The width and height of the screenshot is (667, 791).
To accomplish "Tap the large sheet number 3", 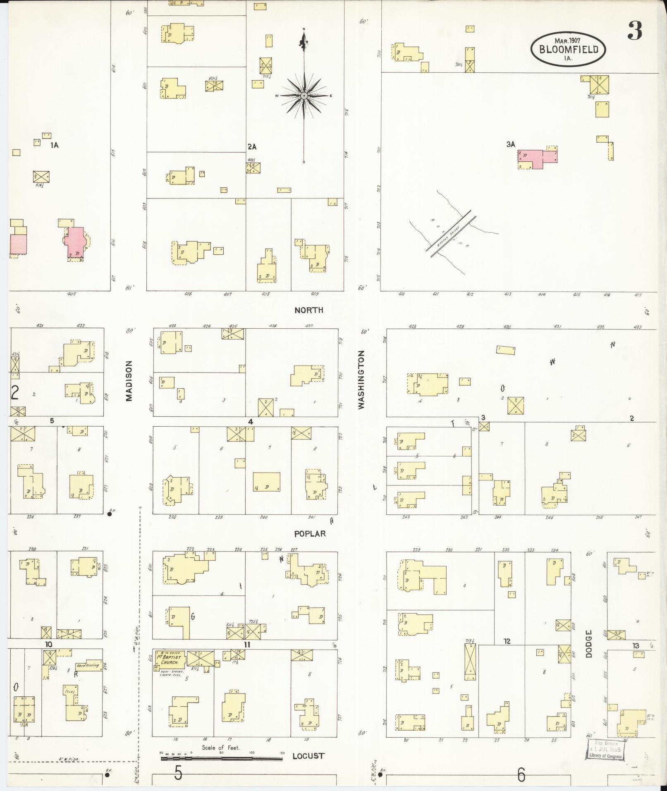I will click(635, 30).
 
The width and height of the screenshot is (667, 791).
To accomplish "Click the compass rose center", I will click(304, 96).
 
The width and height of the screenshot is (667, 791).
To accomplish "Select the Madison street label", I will click(129, 381).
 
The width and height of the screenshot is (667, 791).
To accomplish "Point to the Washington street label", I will click(361, 380).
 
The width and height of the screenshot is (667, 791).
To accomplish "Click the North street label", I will click(308, 310).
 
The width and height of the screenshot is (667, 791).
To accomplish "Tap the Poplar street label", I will click(310, 534).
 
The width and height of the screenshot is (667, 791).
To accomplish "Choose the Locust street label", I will click(308, 756).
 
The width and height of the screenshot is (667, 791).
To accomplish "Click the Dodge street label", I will click(589, 644).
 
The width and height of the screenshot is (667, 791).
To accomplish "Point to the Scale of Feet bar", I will click(222, 759).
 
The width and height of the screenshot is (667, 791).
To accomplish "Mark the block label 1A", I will click(54, 145).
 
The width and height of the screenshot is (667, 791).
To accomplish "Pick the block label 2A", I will click(252, 146).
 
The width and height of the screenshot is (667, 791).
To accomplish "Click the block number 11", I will click(247, 645).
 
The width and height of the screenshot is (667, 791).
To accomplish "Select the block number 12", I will click(507, 641).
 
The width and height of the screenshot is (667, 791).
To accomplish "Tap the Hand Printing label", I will click(88, 666).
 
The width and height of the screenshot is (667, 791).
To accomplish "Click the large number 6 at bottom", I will click(521, 774).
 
